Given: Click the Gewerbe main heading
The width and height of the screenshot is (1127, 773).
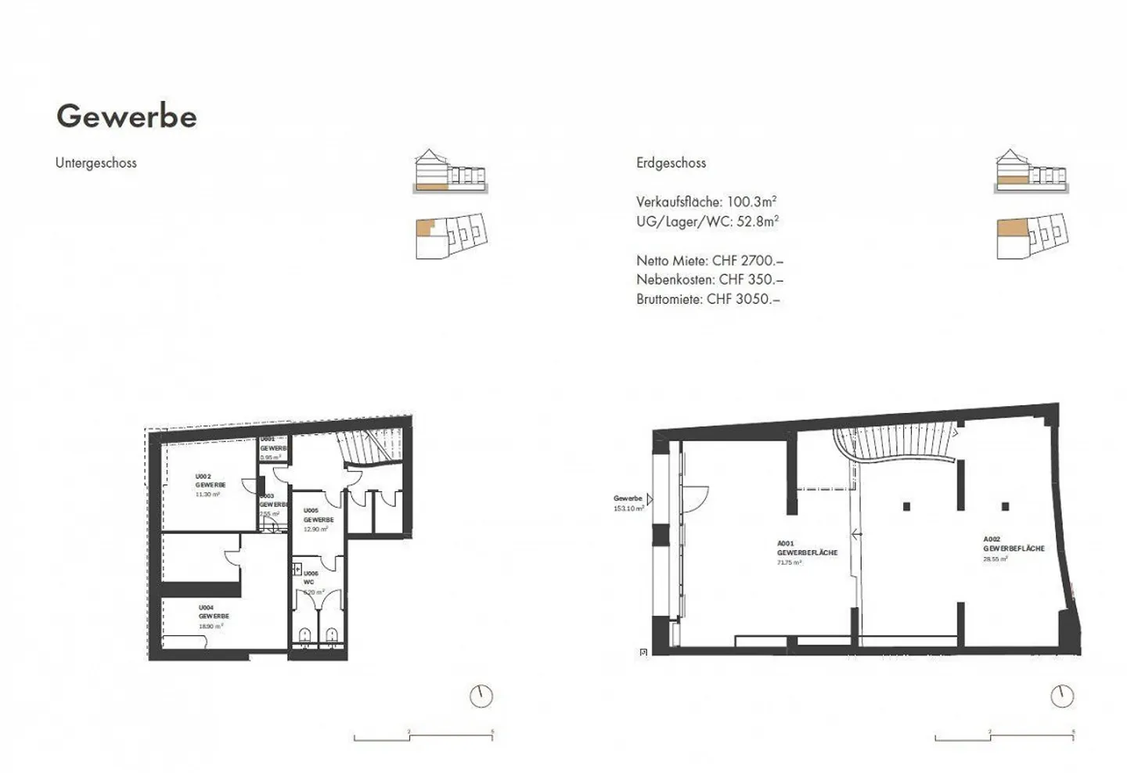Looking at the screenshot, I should click(126, 116).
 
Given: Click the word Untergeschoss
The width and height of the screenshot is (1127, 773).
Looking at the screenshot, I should click(95, 163).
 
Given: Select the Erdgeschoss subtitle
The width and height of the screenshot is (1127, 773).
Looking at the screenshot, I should click(671, 163).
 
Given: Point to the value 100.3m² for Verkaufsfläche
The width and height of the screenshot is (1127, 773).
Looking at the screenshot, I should click(751, 202).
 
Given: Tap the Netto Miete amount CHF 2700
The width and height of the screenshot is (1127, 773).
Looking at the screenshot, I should click(747, 261).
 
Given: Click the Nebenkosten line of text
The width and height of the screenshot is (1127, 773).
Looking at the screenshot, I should click(709, 279).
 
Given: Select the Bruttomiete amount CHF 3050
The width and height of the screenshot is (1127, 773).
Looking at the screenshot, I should click(743, 299).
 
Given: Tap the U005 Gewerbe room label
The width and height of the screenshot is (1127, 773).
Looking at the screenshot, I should click(318, 520).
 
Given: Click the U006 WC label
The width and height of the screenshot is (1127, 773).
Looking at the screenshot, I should click(311, 577).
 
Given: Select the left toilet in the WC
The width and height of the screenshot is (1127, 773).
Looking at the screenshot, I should click(304, 634).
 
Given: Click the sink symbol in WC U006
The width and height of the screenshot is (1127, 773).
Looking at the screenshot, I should click(297, 569).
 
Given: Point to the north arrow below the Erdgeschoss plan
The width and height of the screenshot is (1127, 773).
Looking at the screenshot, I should click(1062, 696).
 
